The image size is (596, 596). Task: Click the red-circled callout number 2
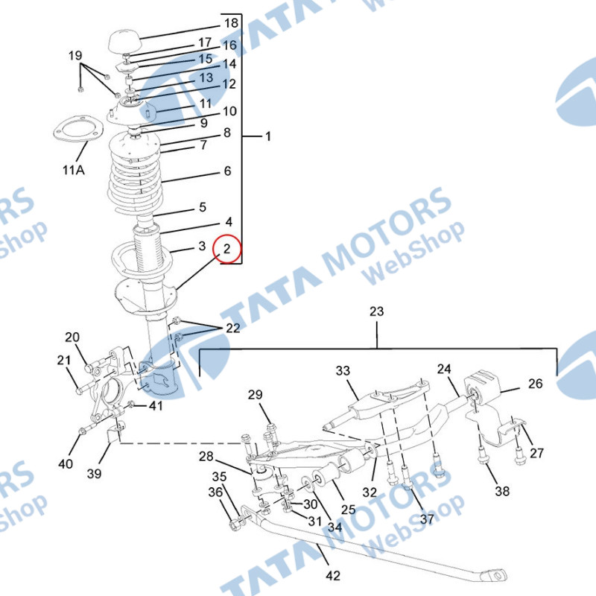(x=227, y=249)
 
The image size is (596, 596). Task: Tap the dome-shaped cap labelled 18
(x=125, y=41)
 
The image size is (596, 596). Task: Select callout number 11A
(x=73, y=170)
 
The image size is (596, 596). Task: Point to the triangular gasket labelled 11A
(x=78, y=128)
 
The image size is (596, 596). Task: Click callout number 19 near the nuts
(x=75, y=55)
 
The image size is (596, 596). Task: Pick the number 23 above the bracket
(x=377, y=311)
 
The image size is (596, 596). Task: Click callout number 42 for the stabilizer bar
(x=333, y=575)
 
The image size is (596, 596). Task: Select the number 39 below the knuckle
(x=95, y=474)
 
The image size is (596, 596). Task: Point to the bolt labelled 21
(x=88, y=387)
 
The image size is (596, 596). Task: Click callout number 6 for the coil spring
(x=227, y=171)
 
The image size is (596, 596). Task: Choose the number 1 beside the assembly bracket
(x=268, y=136)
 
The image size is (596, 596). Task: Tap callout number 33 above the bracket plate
(x=343, y=370)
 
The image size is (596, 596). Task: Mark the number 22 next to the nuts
(x=233, y=328)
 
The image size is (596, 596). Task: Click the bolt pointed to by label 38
(x=483, y=454)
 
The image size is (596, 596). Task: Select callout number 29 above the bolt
(x=255, y=395)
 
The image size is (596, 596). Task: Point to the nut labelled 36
(x=235, y=525)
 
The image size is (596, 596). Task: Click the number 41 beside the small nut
(x=156, y=405)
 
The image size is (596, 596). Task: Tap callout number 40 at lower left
(x=66, y=463)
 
